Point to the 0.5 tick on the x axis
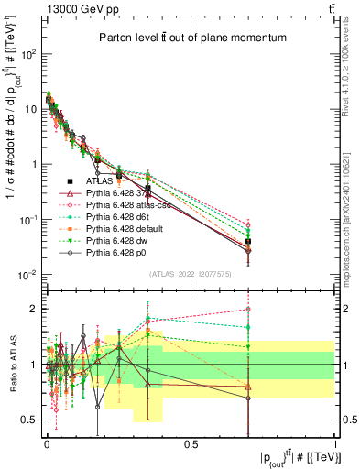click(x=191, y=443)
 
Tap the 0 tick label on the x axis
click(x=47, y=443)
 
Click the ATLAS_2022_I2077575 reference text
click(x=190, y=274)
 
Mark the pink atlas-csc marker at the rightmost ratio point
click(x=248, y=309)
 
